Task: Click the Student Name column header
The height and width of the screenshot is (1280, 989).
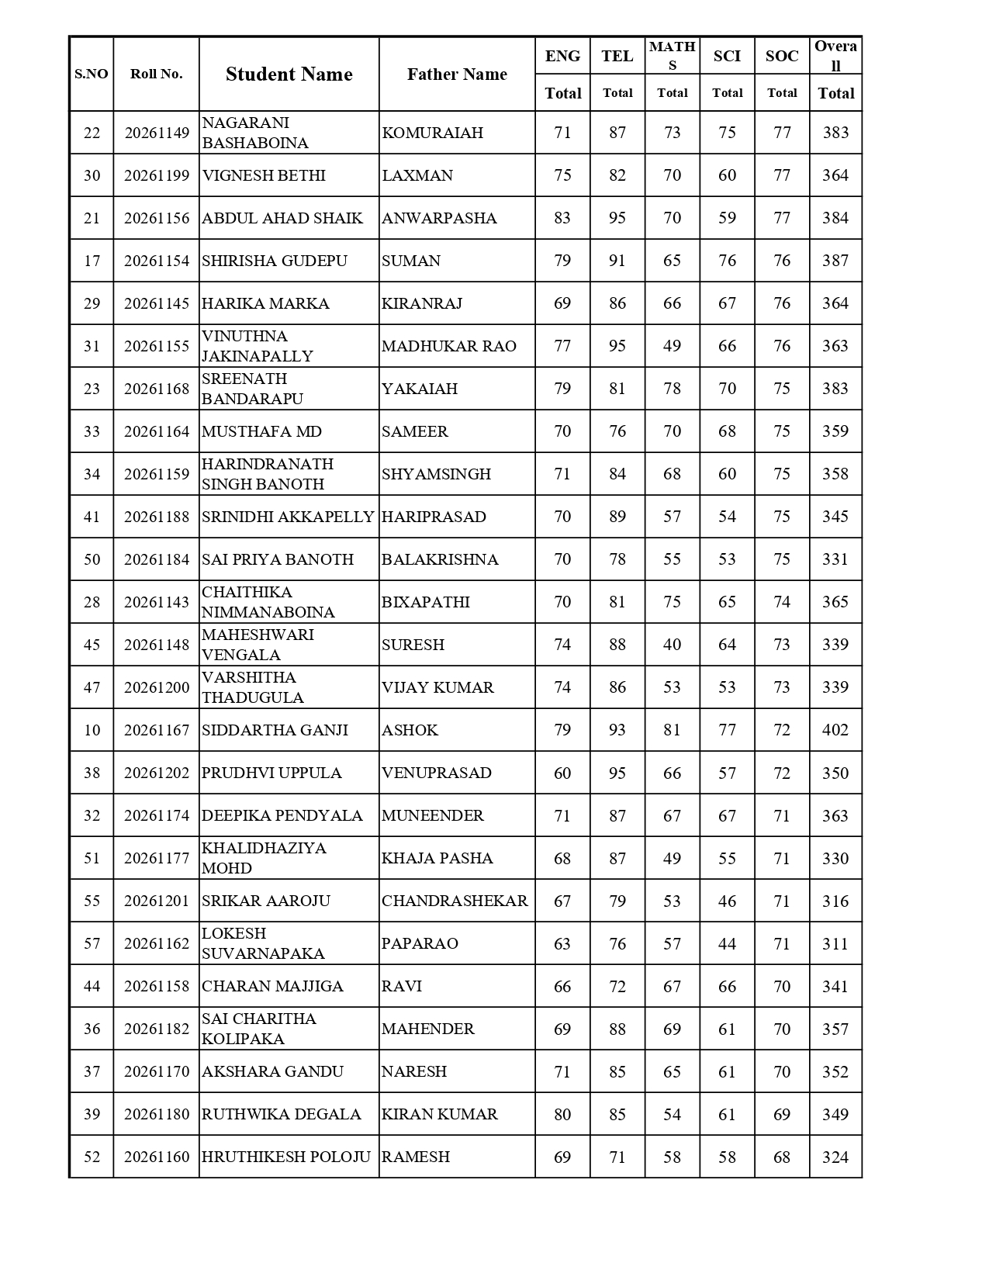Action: (x=289, y=74)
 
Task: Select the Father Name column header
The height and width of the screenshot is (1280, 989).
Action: (x=457, y=74)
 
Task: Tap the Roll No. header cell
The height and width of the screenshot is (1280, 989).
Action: (x=156, y=74)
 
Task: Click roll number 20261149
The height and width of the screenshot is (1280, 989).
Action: (x=157, y=133)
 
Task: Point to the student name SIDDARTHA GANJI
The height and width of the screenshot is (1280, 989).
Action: (x=275, y=730)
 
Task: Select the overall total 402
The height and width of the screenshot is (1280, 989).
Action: (x=835, y=730)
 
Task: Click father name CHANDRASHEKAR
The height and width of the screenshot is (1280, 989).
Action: (x=455, y=901)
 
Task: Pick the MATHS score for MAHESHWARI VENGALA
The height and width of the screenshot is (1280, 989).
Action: (x=672, y=645)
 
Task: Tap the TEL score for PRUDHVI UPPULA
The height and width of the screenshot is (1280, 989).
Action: (x=617, y=773)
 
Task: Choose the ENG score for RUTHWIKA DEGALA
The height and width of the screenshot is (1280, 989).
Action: (x=562, y=1114)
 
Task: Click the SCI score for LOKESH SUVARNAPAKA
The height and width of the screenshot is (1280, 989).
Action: (x=727, y=943)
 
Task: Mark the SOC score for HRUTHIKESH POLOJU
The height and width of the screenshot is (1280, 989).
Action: (x=782, y=1157)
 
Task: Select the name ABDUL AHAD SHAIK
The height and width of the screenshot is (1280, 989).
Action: (x=282, y=218)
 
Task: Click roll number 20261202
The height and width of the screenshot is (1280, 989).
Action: (x=157, y=773)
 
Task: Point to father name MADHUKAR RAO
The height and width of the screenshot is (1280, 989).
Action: (x=449, y=346)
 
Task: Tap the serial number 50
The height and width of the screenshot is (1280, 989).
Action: (x=92, y=559)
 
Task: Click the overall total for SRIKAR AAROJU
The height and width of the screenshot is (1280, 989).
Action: (x=835, y=901)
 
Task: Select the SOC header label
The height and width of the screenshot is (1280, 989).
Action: (x=782, y=56)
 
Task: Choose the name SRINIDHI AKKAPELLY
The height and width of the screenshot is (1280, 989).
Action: (x=288, y=517)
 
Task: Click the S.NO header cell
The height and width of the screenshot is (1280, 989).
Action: (x=92, y=74)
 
